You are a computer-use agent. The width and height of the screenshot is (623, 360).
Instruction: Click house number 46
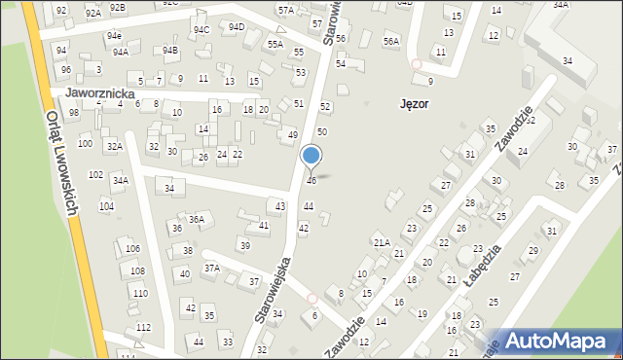[x=311, y=180]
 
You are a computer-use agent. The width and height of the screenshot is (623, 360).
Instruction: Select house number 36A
[x=196, y=219]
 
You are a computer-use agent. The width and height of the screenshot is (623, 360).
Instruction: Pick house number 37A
[x=211, y=267]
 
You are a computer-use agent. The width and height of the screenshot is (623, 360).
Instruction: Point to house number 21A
[x=382, y=241]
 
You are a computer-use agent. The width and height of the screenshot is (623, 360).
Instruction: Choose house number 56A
[x=391, y=42]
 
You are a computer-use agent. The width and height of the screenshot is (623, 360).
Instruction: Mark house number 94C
[x=202, y=29]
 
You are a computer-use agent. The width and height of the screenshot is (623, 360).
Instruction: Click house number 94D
[x=236, y=27]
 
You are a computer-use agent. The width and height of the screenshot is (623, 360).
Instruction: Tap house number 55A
[x=275, y=44]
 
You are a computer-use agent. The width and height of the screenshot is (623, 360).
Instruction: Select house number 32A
[x=114, y=146]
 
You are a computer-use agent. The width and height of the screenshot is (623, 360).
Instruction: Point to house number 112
[x=143, y=327]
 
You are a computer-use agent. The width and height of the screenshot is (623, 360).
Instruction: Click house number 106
[x=132, y=249]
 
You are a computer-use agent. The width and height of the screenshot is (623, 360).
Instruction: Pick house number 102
[x=95, y=175]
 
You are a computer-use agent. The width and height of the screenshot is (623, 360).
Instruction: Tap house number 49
[x=293, y=134]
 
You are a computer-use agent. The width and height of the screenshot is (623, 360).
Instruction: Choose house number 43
[x=280, y=205]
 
